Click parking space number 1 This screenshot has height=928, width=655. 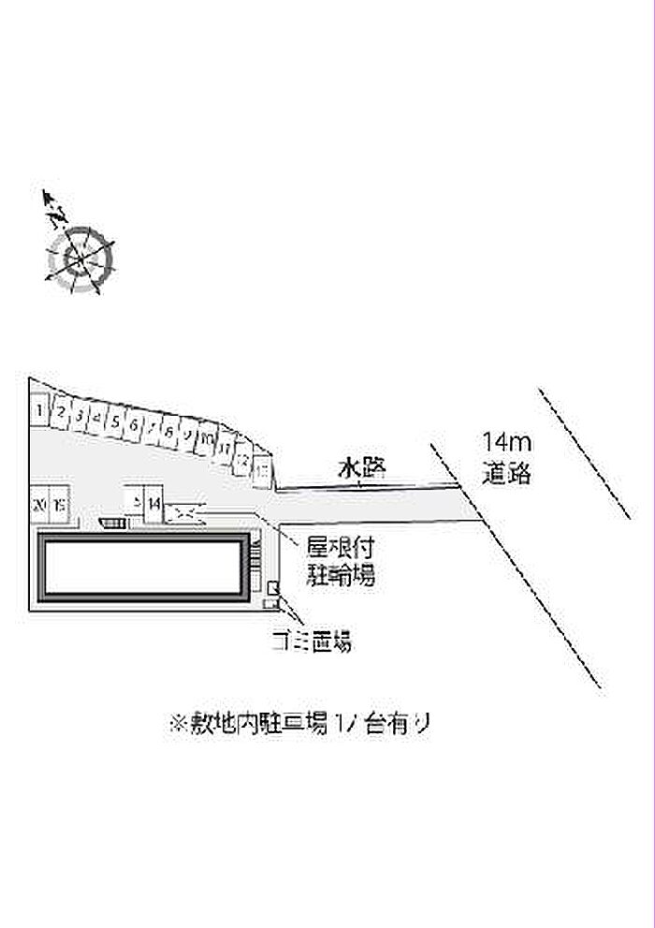pyautogui.click(x=39, y=409)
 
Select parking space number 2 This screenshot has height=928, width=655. pyautogui.click(x=60, y=412)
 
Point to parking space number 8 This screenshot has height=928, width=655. pyautogui.click(x=169, y=432)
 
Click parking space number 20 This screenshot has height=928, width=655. pyautogui.click(x=39, y=504)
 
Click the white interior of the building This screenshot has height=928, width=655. pyautogui.click(x=145, y=568)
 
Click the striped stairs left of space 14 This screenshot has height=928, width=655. pyautogui.click(x=112, y=522)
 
